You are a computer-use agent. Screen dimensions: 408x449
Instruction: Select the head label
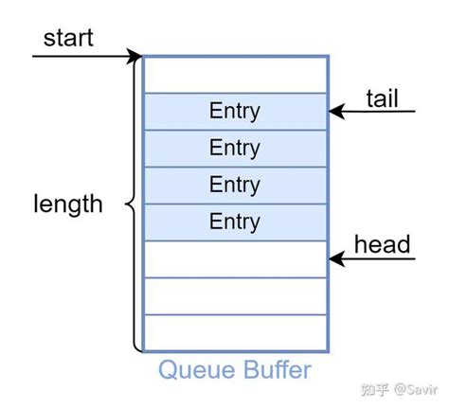click(x=382, y=244)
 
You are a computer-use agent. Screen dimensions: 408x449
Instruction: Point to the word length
click(x=68, y=204)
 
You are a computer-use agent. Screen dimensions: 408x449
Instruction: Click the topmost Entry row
click(x=235, y=111)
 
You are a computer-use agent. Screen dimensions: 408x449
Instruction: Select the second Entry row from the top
click(x=235, y=148)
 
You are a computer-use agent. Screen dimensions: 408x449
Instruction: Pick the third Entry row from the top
click(x=235, y=185)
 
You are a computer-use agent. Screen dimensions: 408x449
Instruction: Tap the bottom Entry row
click(x=235, y=222)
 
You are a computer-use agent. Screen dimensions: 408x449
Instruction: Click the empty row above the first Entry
click(x=235, y=74)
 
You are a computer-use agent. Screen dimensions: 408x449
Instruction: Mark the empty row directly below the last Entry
click(x=235, y=258)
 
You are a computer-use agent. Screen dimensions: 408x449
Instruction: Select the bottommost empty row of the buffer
click(x=235, y=332)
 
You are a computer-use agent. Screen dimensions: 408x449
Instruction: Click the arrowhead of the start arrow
click(x=136, y=56)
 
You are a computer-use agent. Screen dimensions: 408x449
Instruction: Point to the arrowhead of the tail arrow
click(x=336, y=112)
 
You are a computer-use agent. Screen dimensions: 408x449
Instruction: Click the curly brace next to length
click(x=132, y=204)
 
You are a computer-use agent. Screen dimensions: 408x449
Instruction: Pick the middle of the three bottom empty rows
click(x=235, y=295)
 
